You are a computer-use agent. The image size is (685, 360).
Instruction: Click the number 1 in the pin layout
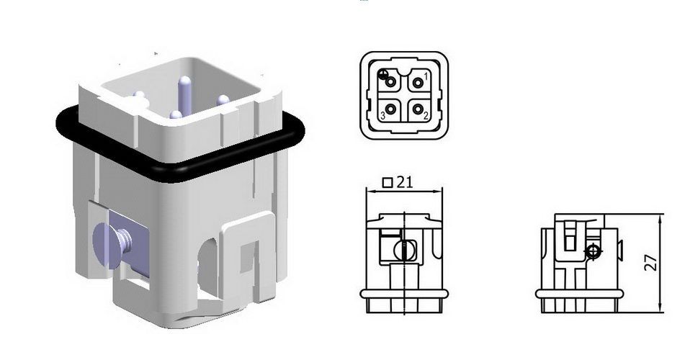pyautogui.click(x=426, y=76)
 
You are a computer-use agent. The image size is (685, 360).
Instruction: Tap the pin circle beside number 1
pyautogui.click(x=417, y=83)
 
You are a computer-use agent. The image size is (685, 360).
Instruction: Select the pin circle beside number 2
pyautogui.click(x=417, y=109)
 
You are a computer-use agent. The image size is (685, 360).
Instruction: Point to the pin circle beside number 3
pyautogui.click(x=391, y=109)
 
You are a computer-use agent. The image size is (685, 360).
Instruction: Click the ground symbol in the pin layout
pyautogui.click(x=383, y=74)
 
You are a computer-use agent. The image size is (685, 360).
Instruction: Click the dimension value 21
pyautogui.click(x=405, y=182)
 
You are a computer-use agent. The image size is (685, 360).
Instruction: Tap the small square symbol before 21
pyautogui.click(x=388, y=182)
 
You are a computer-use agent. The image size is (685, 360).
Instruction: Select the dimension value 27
pyautogui.click(x=651, y=261)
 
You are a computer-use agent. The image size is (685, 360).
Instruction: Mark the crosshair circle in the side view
pyautogui.click(x=593, y=251)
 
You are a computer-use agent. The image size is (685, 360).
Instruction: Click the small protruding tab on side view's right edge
pyautogui.click(x=620, y=250)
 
